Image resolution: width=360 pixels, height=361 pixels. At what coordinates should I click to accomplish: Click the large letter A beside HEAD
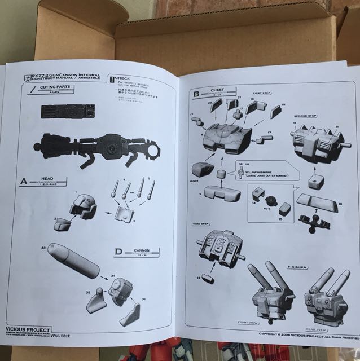pos(24,182)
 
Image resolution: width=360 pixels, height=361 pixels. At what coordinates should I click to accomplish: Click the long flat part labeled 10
pos(318,201)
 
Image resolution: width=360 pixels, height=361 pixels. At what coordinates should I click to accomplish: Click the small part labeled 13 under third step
pos(208,277)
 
